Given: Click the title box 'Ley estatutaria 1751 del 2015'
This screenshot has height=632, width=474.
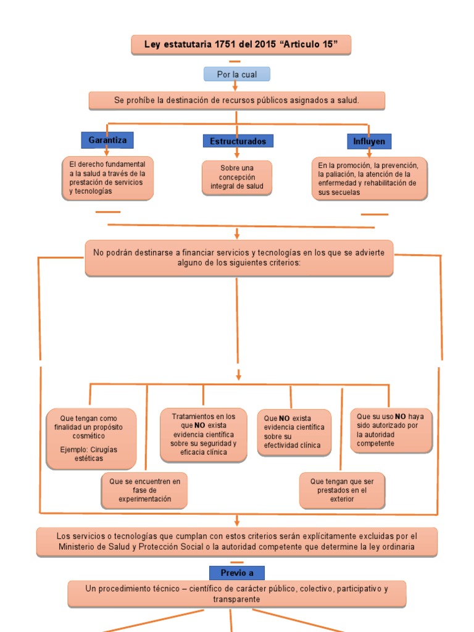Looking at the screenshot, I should click(x=241, y=44).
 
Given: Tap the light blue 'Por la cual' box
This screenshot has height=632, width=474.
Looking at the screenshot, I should click(x=237, y=74).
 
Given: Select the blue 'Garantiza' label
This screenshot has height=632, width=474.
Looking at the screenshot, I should click(x=107, y=140).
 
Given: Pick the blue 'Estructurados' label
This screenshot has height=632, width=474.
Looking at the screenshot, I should click(x=238, y=141).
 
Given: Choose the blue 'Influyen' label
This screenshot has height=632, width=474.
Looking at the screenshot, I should click(x=369, y=141).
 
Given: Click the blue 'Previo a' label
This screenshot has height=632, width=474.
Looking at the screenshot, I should click(x=237, y=573).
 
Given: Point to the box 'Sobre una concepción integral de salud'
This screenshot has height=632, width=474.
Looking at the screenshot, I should click(x=237, y=177).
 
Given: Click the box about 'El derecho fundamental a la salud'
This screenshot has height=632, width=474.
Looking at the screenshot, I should click(x=108, y=178).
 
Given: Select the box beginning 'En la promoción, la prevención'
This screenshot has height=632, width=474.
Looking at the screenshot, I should click(x=369, y=179).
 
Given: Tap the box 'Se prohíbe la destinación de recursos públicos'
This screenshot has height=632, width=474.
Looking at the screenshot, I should click(x=237, y=100).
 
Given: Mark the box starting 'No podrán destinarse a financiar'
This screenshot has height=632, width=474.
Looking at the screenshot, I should click(x=239, y=257).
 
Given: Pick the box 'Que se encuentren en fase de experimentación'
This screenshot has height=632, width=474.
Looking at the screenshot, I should click(x=145, y=490).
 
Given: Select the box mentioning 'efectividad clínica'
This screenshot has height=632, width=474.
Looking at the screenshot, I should click(x=294, y=431).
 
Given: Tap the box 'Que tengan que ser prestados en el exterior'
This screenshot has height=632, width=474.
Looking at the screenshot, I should click(x=342, y=490).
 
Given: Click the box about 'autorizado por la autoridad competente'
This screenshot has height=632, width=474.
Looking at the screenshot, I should click(x=391, y=430).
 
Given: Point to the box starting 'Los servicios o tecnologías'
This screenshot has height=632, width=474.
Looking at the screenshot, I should click(x=237, y=541).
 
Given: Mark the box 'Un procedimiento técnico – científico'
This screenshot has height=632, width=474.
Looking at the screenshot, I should click(x=237, y=594).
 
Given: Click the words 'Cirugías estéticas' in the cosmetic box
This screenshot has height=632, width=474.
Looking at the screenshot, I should click(x=89, y=454).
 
